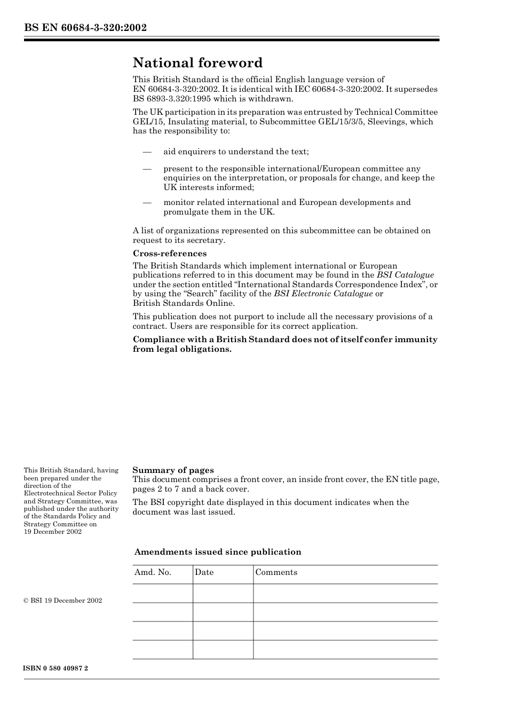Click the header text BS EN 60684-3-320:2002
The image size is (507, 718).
tap(85, 28)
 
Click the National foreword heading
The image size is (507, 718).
tap(197, 63)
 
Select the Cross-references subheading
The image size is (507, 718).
tap(170, 254)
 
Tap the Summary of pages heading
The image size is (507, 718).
tap(173, 470)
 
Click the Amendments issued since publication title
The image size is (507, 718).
tap(218, 552)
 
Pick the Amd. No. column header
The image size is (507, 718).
tap(153, 572)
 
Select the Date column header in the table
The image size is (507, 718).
tap(204, 572)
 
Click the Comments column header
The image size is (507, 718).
tap(276, 572)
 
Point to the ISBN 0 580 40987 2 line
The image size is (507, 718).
tap(56, 668)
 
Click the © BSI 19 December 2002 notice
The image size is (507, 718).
tap(63, 601)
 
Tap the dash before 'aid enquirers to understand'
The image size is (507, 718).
tap(147, 152)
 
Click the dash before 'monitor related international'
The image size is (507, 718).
tap(147, 202)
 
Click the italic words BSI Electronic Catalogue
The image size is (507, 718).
tap(323, 294)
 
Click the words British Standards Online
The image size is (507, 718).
tap(183, 303)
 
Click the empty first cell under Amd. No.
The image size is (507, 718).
tap(162, 593)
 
